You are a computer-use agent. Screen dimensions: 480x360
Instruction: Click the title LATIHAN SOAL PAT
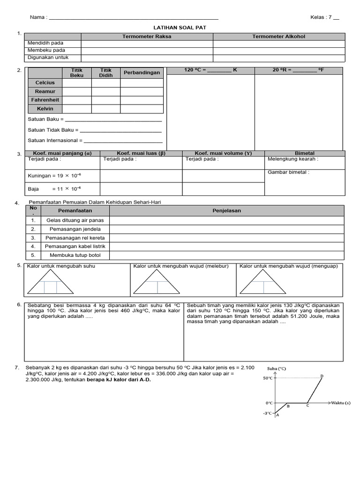coord(180,28)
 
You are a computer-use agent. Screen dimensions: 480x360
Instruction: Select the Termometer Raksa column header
coord(147,36)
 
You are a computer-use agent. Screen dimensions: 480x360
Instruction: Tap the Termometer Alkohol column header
coord(278,36)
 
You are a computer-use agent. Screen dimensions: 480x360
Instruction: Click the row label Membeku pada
coord(46,50)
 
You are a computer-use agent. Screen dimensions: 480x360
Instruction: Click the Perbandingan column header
coord(142,73)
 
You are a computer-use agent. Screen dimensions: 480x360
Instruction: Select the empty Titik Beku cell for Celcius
coord(77,83)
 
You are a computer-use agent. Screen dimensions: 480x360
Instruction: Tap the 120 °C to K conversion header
coord(210,70)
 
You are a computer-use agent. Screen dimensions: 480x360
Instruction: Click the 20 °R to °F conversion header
coord(298,70)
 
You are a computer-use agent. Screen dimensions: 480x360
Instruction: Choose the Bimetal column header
coord(304,153)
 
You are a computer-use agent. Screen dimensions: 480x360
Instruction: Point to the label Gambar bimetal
coord(288,172)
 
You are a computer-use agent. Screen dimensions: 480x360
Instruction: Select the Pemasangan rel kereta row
coord(68,238)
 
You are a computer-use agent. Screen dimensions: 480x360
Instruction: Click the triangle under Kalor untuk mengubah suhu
coord(50,282)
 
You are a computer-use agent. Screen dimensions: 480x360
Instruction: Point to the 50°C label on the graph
coord(267,378)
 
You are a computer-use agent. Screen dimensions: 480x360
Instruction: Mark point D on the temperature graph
coord(322,376)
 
